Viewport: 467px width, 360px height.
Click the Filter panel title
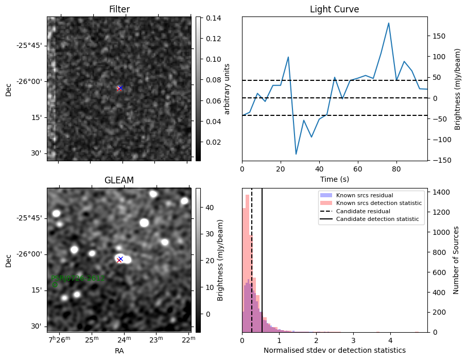pyautogui.click(x=119, y=10)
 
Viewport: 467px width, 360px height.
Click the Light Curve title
pyautogui.click(x=334, y=10)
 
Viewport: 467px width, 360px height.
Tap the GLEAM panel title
pyautogui.click(x=119, y=180)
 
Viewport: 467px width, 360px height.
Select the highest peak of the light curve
pyautogui.click(x=389, y=23)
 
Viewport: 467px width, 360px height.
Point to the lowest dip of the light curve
pyautogui.click(x=296, y=154)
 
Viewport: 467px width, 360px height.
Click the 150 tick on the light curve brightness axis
pyautogui.click(x=438, y=36)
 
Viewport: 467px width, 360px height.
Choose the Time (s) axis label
pyautogui.click(x=334, y=178)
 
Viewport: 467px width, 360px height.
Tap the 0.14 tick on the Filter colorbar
pyautogui.click(x=206, y=18)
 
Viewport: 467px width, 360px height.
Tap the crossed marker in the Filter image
pyautogui.click(x=119, y=88)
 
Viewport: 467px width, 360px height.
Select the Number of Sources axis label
pyautogui.click(x=456, y=260)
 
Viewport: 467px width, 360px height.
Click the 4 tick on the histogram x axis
pyautogui.click(x=390, y=340)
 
